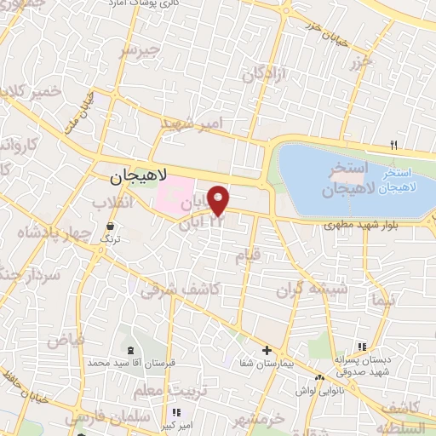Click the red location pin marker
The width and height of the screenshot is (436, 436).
point(219,200)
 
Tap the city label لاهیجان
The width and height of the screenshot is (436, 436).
point(140,178)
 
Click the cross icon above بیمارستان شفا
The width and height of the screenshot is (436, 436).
point(267,350)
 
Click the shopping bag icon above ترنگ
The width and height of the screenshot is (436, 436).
point(111,227)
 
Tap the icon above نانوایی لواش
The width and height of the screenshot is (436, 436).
point(320,377)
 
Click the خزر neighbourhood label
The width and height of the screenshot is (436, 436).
point(360,64)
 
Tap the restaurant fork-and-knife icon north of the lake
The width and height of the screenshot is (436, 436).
point(393,144)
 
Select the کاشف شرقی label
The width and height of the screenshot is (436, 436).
point(192,290)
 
